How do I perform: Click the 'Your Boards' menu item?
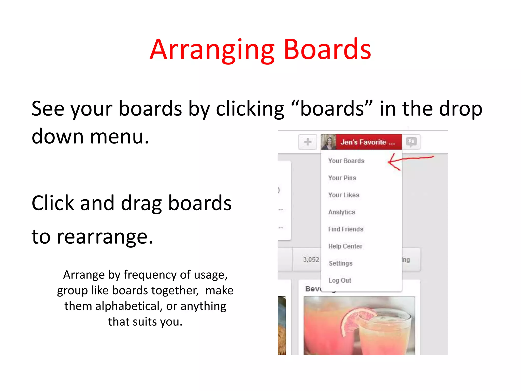point(346,161)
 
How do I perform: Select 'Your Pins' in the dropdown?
point(342,178)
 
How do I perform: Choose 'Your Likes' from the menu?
point(343,195)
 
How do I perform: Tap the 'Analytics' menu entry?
point(341,212)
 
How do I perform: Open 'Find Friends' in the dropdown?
point(345,229)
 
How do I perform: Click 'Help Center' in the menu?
point(345,246)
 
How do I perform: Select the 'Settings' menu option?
point(340,263)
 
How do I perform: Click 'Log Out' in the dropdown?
point(340,280)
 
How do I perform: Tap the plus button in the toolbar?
point(308,142)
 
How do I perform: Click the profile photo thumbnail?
point(328,142)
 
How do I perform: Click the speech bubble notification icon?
point(411,142)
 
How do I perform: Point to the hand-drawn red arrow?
point(407,160)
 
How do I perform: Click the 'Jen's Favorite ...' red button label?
point(368,142)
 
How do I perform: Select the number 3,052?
point(311,260)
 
